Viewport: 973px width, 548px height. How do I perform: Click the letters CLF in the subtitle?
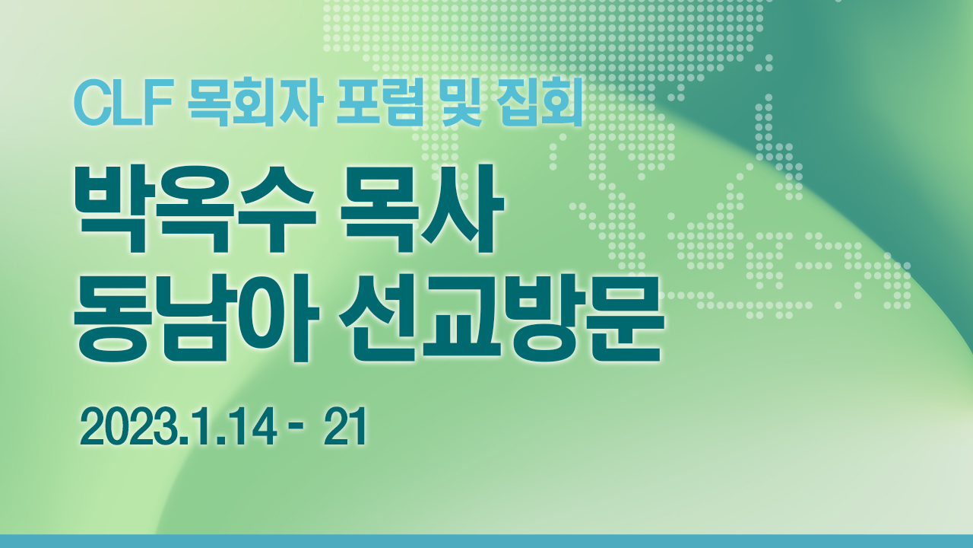click(124, 102)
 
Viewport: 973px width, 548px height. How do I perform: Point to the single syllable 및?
click(461, 102)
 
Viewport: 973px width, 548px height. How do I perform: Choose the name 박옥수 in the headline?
click(195, 209)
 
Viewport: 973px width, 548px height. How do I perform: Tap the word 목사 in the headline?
click(421, 209)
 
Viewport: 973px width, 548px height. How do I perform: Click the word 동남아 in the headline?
click(196, 318)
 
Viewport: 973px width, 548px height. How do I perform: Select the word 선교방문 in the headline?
click(502, 318)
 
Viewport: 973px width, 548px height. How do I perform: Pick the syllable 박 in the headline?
click(113, 209)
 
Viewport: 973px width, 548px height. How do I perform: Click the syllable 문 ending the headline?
click(625, 318)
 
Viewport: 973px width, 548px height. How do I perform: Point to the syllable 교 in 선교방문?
click(461, 318)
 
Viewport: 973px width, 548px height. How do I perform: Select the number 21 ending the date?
click(345, 428)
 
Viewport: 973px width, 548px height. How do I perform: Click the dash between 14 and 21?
click(296, 431)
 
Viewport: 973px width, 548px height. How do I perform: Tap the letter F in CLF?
click(160, 102)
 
